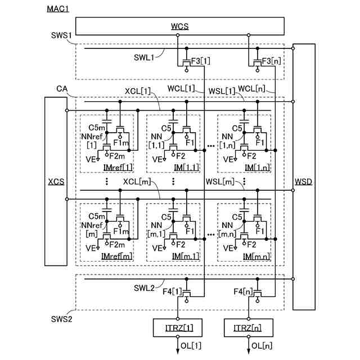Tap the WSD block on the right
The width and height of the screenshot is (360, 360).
pos(304,181)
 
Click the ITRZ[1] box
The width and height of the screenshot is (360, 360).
pos(177,327)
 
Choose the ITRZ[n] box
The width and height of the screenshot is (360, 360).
pos(249,327)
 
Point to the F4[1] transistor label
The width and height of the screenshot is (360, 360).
pos(173,291)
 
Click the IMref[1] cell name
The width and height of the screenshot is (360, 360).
pos(116,168)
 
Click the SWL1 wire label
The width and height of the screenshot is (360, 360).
pos(145,57)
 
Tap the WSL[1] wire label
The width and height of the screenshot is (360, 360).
pos(222,91)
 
